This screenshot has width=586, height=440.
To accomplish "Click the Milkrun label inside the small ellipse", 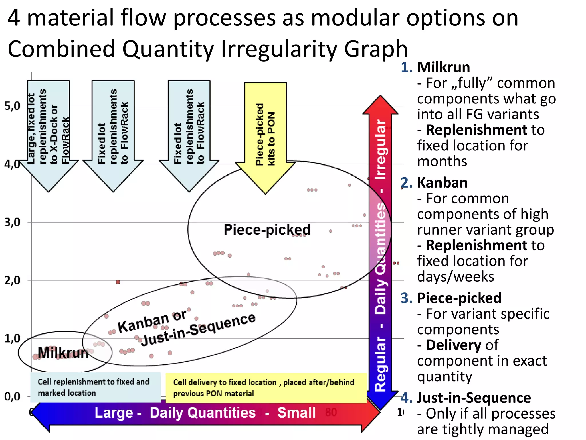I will click(x=63, y=353).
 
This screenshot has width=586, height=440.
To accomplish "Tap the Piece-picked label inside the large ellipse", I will click(x=267, y=230).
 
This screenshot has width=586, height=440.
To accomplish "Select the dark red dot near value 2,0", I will click(x=118, y=282).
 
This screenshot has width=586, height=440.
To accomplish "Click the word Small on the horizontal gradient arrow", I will click(x=296, y=413).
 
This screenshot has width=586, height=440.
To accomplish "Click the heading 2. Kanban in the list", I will click(x=434, y=183).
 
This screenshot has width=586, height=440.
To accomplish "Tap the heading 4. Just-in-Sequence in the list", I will click(x=466, y=398).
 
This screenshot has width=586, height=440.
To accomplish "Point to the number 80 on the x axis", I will click(x=331, y=412).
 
